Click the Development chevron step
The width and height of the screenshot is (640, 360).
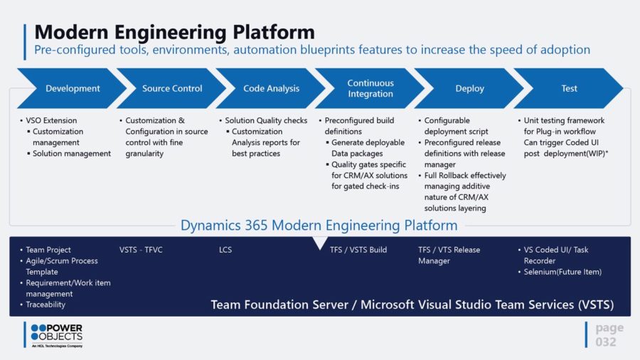[73, 89]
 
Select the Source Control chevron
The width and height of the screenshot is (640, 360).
[172, 89]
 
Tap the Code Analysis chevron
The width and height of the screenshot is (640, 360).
[271, 89]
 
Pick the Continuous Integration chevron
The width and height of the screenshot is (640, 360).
[370, 89]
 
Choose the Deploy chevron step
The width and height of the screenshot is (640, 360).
[469, 89]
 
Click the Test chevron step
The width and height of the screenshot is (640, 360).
[569, 89]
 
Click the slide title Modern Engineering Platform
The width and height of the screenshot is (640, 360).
[174, 32]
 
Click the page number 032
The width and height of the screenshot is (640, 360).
[606, 342]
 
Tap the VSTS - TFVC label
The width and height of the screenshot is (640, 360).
[141, 250]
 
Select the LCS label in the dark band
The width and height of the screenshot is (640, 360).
[225, 250]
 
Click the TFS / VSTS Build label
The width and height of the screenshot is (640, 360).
[358, 250]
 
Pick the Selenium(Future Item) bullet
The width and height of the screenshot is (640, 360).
[562, 272]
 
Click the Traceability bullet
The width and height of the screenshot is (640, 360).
[46, 305]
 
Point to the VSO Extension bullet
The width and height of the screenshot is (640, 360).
[51, 120]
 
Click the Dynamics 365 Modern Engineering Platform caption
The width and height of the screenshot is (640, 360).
[319, 226]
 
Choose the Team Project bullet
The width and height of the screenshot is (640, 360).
[48, 250]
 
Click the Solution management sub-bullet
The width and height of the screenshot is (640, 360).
[72, 153]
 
